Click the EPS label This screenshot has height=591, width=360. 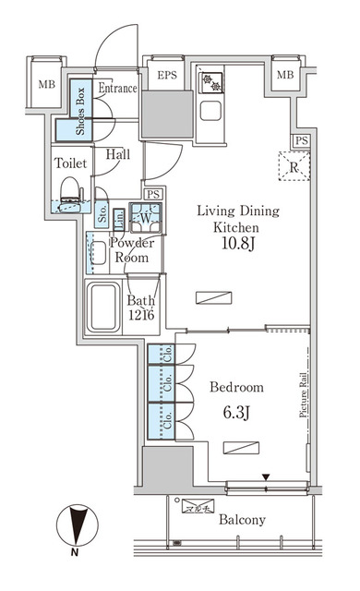pos(166,76)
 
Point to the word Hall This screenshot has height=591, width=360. pos(116,155)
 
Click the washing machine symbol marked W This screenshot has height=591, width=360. pos(144,220)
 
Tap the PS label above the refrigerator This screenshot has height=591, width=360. pos(299,139)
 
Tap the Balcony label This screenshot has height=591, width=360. pos(242,520)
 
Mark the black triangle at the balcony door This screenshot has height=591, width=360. pos(266,477)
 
